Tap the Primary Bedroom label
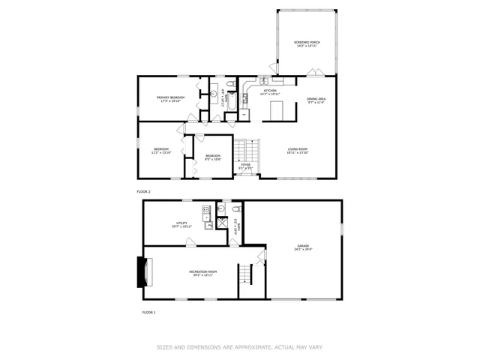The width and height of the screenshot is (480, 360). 171,99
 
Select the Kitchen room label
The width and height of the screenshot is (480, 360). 269,92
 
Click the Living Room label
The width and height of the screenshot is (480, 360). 298,151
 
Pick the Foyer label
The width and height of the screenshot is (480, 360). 246,166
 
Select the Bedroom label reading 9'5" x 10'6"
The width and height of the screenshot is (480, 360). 213,157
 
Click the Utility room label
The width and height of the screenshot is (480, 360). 181,224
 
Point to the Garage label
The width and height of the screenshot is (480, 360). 302,247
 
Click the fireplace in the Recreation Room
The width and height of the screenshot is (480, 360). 142,272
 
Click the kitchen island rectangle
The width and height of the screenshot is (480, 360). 277,111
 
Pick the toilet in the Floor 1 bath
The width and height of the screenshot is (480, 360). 235,208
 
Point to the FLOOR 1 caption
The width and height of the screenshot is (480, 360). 148,311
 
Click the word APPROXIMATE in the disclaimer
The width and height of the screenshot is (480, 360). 247,346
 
